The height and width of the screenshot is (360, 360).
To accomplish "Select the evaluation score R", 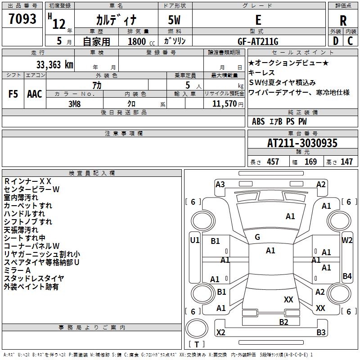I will [x=343, y=21].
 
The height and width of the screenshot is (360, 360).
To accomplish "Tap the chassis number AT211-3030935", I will [x=302, y=143].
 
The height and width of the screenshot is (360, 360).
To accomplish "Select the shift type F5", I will [x=13, y=94].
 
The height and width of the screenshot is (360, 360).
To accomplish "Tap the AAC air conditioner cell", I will [x=35, y=94].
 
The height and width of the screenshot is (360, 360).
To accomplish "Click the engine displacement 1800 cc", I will [x=137, y=41].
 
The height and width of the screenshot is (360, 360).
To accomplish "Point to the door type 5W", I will [x=175, y=21].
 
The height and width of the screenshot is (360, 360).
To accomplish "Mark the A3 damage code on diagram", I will [x=220, y=184].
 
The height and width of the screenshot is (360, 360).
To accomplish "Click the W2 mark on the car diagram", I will [x=347, y=240].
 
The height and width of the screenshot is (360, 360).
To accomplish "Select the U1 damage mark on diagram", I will [x=194, y=240].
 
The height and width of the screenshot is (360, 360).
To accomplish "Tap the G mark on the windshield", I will [x=257, y=237].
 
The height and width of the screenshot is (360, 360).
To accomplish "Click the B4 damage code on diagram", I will [x=347, y=276].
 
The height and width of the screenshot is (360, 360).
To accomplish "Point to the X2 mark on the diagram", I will [x=220, y=332].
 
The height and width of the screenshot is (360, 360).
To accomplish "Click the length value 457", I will [x=273, y=162].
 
